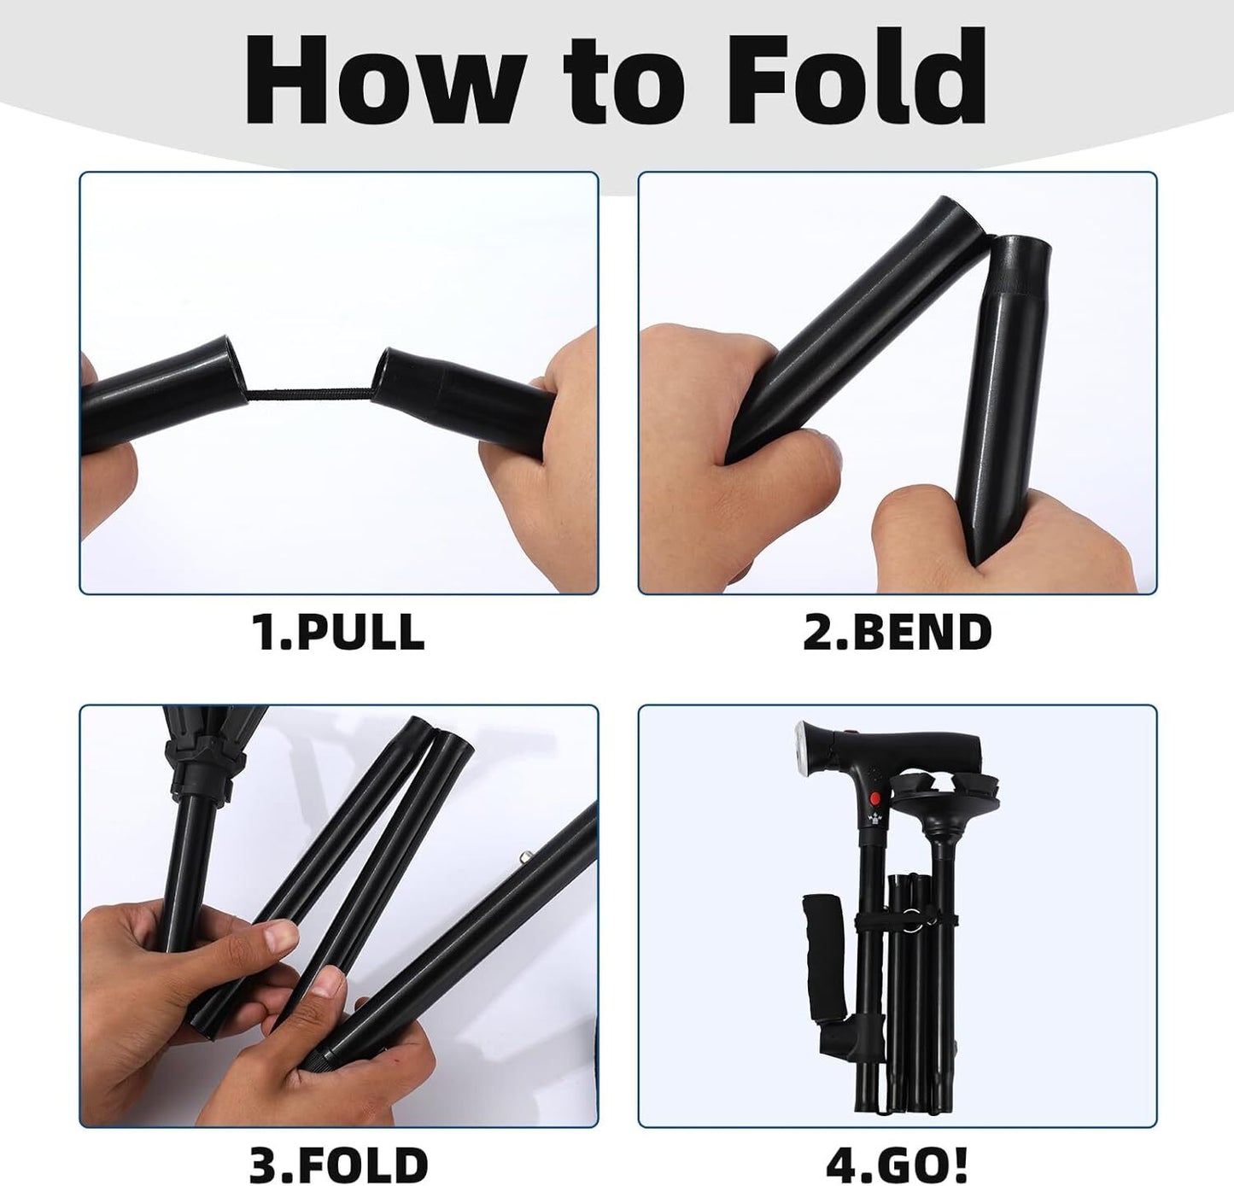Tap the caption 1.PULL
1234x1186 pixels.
tap(338, 632)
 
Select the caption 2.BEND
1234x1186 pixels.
tap(898, 632)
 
